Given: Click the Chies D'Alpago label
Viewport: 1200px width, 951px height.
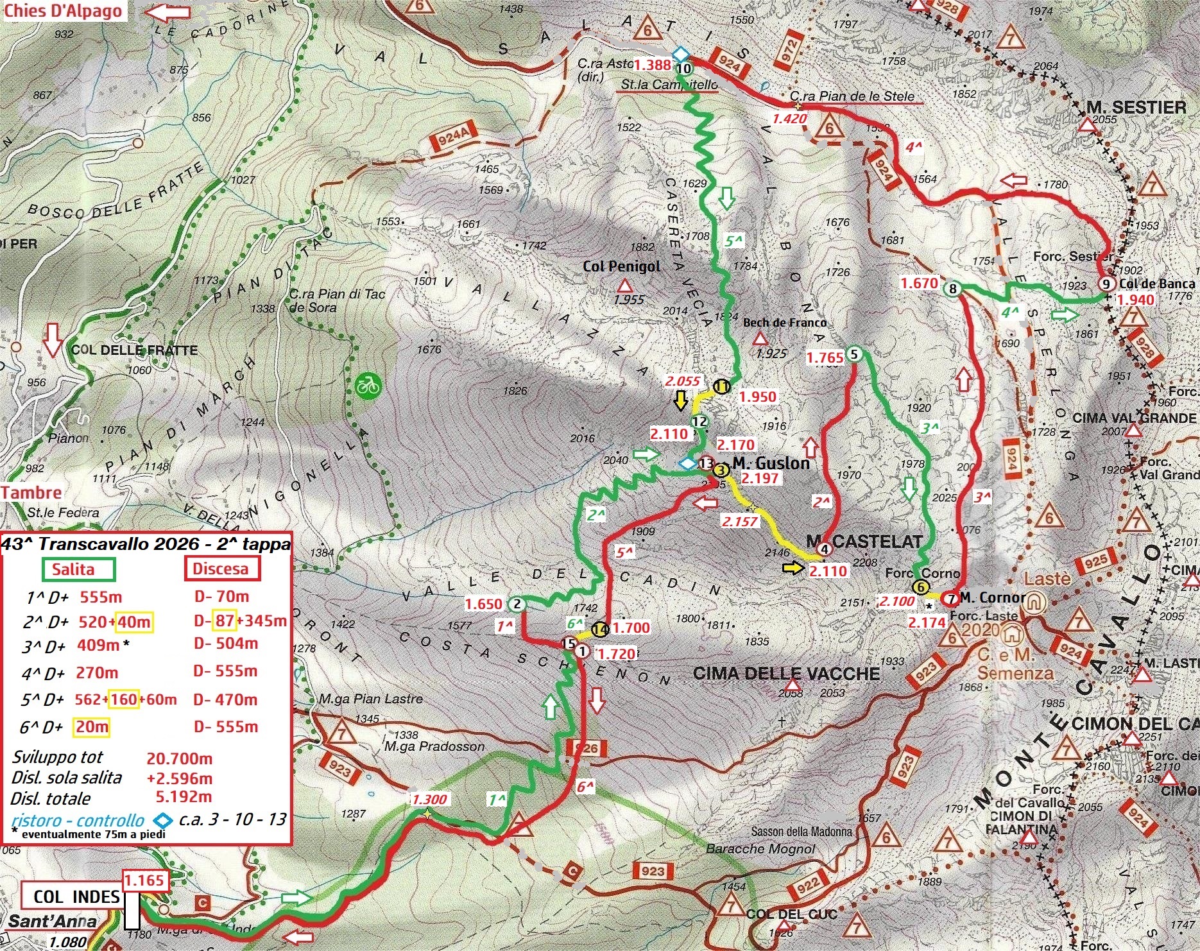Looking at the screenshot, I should point(63,11).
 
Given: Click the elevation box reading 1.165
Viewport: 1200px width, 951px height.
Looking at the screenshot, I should point(145,880).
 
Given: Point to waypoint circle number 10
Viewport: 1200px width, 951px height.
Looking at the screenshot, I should point(684,68).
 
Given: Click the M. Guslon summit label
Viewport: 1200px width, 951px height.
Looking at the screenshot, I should point(770,463).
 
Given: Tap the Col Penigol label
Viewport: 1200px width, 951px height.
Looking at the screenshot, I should point(621,266).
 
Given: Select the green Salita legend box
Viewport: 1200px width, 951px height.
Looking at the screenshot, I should point(78,569).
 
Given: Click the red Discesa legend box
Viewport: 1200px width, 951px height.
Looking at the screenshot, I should point(221,569).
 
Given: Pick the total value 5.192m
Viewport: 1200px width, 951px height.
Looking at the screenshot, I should point(184,796).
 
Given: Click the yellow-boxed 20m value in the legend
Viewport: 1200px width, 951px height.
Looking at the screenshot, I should point(92,727).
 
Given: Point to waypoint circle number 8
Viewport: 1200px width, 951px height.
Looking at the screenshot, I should point(953,289).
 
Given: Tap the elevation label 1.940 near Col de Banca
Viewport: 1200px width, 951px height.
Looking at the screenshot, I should point(1135,300).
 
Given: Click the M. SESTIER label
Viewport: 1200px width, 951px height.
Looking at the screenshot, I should point(1136,107).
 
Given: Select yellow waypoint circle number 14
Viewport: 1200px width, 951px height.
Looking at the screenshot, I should point(600,630).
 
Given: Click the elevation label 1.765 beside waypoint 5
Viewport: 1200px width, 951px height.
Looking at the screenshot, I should point(825,357).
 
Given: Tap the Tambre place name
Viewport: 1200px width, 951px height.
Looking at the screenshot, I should point(31,492).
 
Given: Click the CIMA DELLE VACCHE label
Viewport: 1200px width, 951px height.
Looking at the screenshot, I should point(786,673).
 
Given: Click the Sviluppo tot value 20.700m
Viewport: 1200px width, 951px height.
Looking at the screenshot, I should point(179,758).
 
